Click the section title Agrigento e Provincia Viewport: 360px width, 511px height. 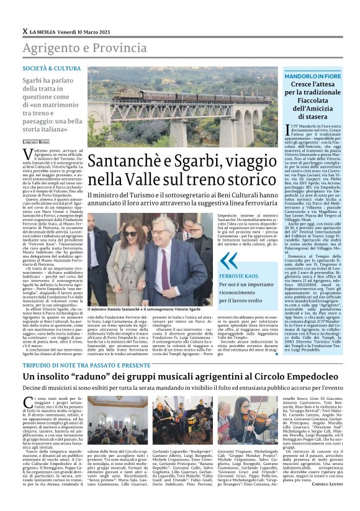(x=76, y=48)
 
